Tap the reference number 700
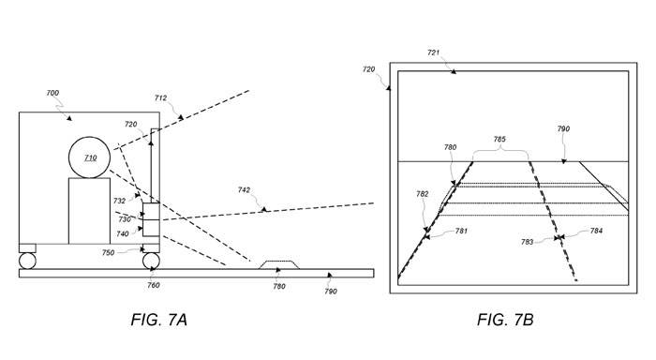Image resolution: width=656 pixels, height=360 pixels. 52,93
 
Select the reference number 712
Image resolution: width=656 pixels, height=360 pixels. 160,97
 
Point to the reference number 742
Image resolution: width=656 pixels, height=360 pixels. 244,190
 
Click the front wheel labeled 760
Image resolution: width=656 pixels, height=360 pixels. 151,261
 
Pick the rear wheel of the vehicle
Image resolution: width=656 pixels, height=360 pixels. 27,261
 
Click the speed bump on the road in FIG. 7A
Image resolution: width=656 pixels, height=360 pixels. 279,265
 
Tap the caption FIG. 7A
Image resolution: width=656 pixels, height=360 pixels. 159,320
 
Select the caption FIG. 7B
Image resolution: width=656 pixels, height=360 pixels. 505,320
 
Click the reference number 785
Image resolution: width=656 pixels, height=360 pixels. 499,139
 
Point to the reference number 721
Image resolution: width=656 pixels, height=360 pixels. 433,52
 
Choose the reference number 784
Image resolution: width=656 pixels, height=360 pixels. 596,231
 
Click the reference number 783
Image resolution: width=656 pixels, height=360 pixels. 527,242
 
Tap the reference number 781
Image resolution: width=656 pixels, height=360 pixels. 461,231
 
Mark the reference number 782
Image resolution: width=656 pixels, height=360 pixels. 423,194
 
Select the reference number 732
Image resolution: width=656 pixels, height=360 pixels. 119,201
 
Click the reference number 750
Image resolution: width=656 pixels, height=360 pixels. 108,253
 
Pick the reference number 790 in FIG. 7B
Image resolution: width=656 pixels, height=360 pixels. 563,129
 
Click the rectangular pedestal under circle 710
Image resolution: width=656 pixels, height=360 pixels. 90,211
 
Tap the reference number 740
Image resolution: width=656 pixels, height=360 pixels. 123,234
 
